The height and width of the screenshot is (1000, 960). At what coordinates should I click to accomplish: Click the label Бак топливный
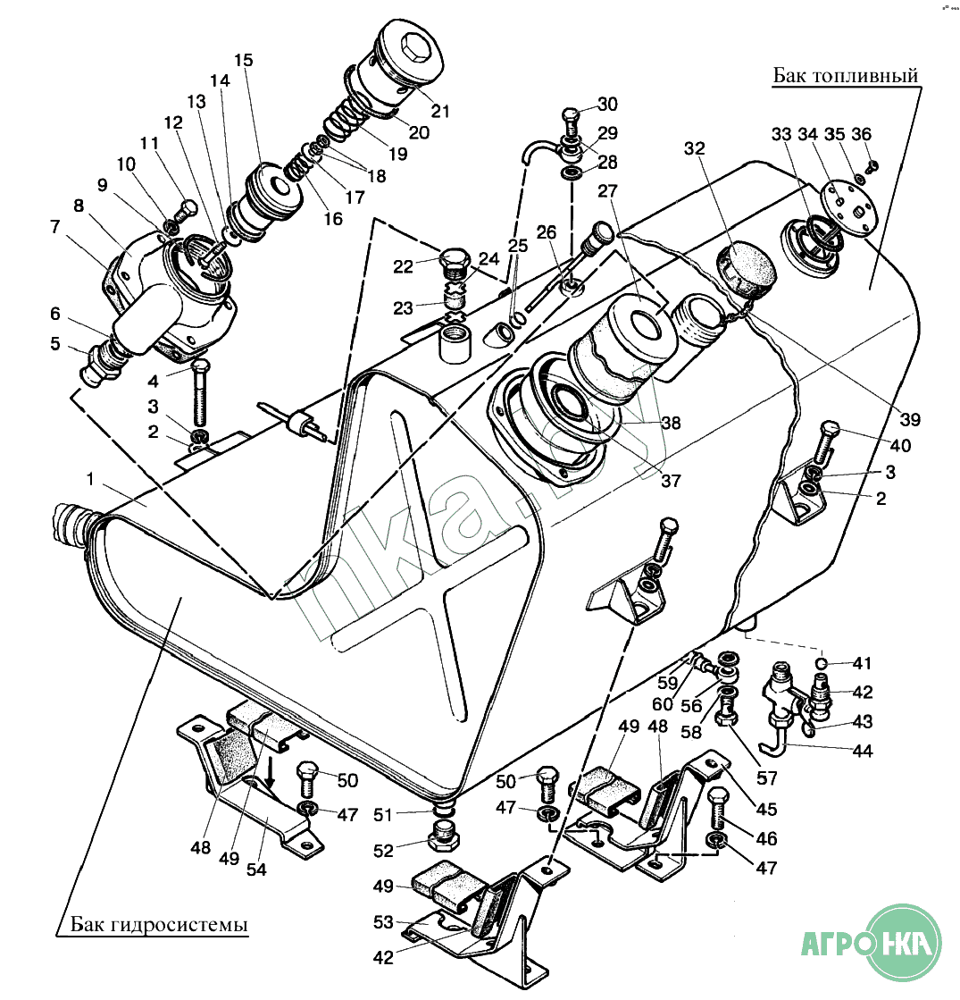tap(846, 76)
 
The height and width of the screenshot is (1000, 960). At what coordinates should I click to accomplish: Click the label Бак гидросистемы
tap(159, 923)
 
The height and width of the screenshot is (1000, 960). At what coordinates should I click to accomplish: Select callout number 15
tap(244, 61)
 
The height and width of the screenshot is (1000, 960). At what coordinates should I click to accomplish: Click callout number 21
tap(439, 112)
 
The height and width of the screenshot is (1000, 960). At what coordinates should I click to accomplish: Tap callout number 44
tap(861, 752)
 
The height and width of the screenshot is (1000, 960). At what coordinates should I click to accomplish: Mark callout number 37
tap(671, 481)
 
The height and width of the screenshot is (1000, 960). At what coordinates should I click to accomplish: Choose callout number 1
tap(89, 479)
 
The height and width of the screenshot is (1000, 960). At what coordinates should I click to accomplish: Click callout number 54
tap(257, 866)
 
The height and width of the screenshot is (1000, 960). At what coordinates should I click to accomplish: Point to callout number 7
tap(55, 227)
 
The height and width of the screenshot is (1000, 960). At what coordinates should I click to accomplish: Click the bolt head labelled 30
tap(572, 115)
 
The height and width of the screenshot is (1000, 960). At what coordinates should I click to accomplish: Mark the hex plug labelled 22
tap(456, 259)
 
